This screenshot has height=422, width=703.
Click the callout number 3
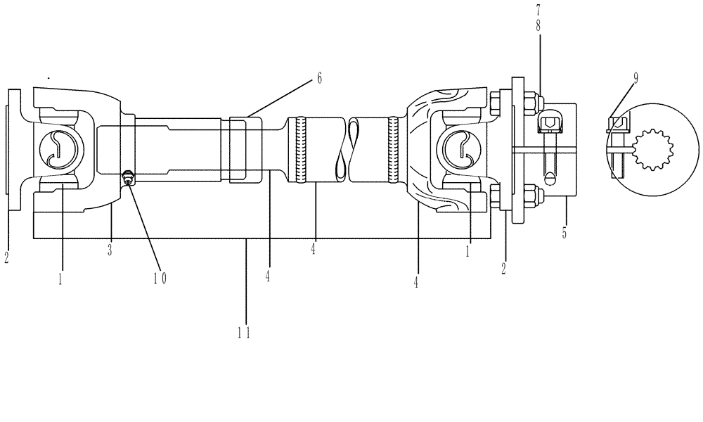tap(110, 250)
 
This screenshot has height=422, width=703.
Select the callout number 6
tap(318, 77)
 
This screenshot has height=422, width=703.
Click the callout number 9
tap(636, 78)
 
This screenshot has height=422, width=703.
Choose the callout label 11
tap(244, 333)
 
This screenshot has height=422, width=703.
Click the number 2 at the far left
tap(6, 258)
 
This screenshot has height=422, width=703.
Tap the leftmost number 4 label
tap(268, 277)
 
